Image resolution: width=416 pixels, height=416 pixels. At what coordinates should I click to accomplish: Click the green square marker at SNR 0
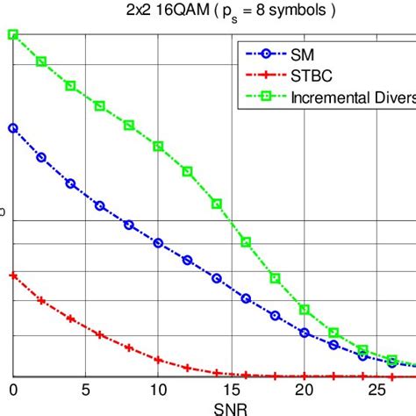(13, 34)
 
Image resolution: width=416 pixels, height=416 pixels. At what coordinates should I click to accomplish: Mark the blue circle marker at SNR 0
(13, 127)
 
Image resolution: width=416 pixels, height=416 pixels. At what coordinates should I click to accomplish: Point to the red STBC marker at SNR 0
(13, 275)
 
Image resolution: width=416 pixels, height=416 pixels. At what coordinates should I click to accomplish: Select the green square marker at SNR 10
(158, 146)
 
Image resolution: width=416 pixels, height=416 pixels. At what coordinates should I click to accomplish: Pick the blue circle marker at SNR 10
(158, 242)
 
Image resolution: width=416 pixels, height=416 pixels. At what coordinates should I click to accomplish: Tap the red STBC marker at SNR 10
(158, 359)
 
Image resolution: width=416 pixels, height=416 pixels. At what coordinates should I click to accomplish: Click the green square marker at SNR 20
(304, 309)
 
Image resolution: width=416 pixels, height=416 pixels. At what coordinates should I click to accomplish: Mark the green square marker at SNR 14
(217, 204)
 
